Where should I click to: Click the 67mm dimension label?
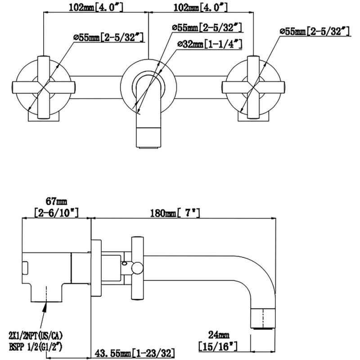pyautogui.click(x=57, y=201)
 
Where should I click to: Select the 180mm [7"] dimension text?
pyautogui.click(x=175, y=213)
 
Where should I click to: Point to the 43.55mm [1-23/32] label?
pyautogui.click(x=135, y=353)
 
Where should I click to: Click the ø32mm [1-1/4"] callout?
pyautogui.click(x=210, y=44)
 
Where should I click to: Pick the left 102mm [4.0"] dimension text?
pyautogui.click(x=96, y=7)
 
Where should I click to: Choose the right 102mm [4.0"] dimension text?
pyautogui.click(x=200, y=7)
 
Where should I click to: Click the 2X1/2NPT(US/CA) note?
pyautogui.click(x=36, y=336)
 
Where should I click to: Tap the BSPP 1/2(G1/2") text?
pyautogui.click(x=36, y=346)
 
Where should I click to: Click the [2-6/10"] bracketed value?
pyautogui.click(x=57, y=212)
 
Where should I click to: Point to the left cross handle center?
pyautogui.click(x=44, y=87)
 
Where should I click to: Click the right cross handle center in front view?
pyautogui.click(x=253, y=87)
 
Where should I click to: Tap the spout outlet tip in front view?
pyautogui.click(x=148, y=148)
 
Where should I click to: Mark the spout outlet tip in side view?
pyautogui.click(x=263, y=328)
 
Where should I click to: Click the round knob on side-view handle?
pyautogui.click(x=137, y=268)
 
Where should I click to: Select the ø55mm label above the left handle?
pyautogui.click(x=109, y=37)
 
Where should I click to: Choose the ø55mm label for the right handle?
pyautogui.click(x=315, y=31)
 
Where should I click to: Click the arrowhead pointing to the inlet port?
pyautogui.click(x=45, y=306)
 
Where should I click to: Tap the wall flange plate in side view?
pyautogui.click(x=96, y=268)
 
